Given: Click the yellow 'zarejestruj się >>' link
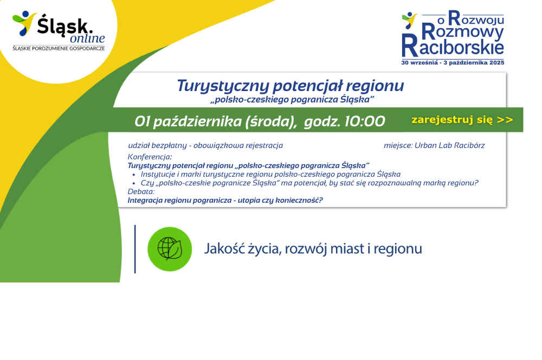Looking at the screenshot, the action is (462, 120).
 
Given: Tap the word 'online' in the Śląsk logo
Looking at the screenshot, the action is (87, 38).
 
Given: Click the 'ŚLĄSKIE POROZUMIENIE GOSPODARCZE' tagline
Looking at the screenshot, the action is (59, 48).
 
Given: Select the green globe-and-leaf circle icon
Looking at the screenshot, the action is (170, 249).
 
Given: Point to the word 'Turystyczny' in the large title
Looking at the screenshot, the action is (223, 86).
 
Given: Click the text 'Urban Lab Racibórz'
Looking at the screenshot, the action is (449, 145).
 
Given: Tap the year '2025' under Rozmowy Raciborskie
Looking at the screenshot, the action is (496, 62).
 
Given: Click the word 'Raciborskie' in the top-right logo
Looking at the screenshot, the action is (453, 46).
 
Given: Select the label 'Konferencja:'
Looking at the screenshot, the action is (150, 157).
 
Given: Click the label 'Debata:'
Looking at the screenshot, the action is (141, 191).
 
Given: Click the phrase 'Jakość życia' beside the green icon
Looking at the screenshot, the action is (242, 249).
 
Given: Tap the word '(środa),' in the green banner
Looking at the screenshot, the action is (270, 122).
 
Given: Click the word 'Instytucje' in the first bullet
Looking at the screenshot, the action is (158, 174).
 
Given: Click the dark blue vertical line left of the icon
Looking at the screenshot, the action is (135, 249).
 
